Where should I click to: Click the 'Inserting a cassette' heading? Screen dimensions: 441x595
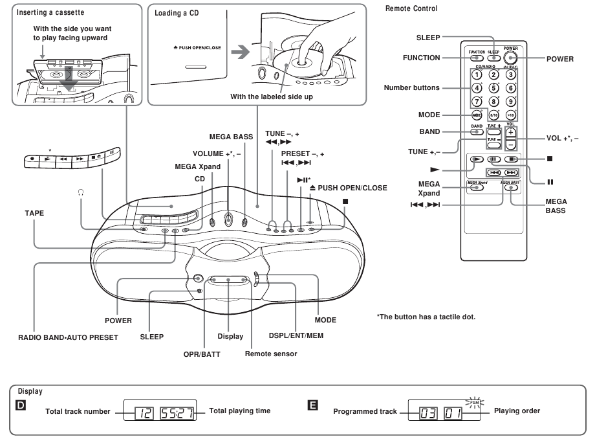(50, 12)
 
